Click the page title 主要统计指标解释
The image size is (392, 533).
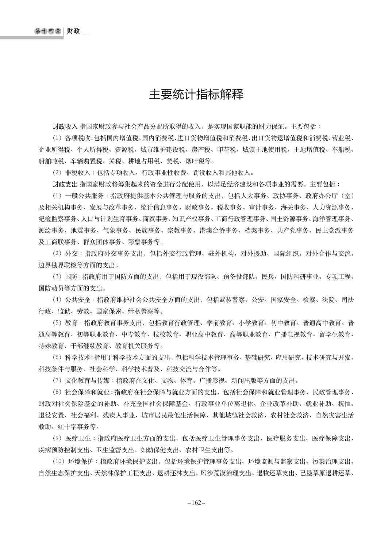196,94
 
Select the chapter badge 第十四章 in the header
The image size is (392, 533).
48,31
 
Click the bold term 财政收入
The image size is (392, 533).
65,127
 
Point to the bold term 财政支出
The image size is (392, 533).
65,184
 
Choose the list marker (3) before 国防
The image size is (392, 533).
57,277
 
